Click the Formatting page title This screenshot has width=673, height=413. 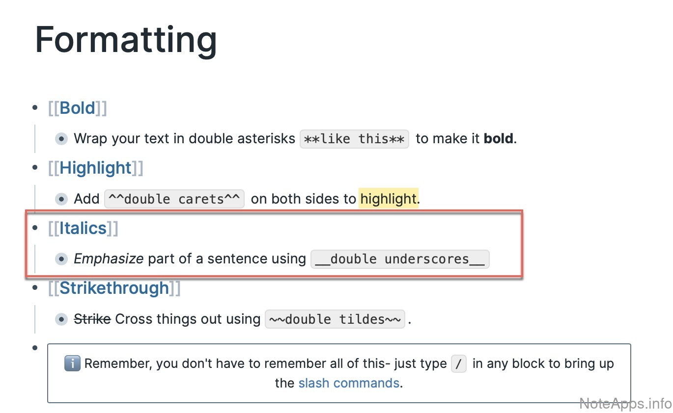click(126, 41)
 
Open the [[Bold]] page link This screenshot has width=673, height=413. click(78, 108)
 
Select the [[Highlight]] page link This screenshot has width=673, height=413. click(95, 168)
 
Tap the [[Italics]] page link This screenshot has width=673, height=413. click(83, 228)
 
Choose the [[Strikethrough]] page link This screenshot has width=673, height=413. click(114, 288)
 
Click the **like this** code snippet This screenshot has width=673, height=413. click(354, 139)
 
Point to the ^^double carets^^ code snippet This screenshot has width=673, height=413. click(174, 199)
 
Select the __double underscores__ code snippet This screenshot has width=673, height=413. click(400, 259)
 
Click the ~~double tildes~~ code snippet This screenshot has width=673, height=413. click(335, 319)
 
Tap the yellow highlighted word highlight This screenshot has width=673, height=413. click(389, 199)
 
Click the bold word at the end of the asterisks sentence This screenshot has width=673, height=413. click(499, 139)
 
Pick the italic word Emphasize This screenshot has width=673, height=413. click(109, 258)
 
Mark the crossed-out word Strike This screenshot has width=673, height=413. click(92, 319)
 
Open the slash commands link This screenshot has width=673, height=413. click(349, 383)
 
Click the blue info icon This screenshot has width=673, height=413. click(72, 363)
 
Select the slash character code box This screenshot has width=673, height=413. click(458, 364)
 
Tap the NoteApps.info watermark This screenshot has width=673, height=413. click(625, 403)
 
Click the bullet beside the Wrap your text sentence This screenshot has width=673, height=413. click(61, 139)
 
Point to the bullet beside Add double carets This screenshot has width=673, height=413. click(61, 199)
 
